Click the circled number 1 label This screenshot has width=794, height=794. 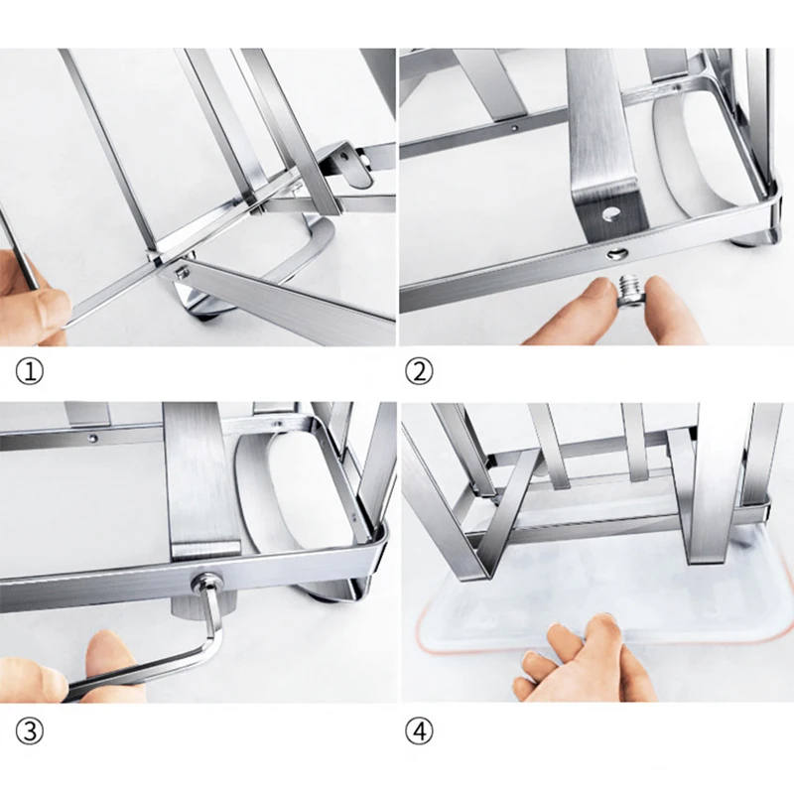30,372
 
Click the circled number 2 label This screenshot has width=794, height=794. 419,372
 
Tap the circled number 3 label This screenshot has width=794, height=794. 30,731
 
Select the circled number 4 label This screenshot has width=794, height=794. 419,731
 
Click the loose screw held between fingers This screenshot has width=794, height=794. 630,289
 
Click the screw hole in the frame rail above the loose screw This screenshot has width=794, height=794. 615,253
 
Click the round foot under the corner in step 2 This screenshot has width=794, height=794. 752,240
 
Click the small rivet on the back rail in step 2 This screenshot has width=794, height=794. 514,128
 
